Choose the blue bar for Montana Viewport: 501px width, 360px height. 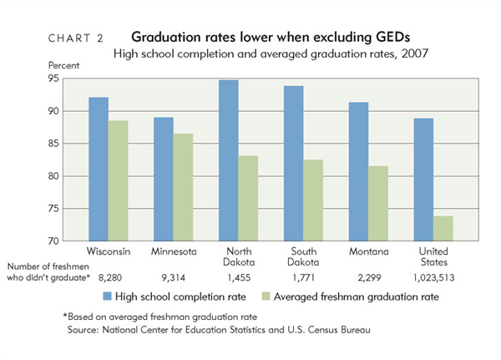click(360, 171)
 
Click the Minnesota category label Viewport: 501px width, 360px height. click(174, 251)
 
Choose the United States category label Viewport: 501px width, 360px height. click(433, 256)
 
